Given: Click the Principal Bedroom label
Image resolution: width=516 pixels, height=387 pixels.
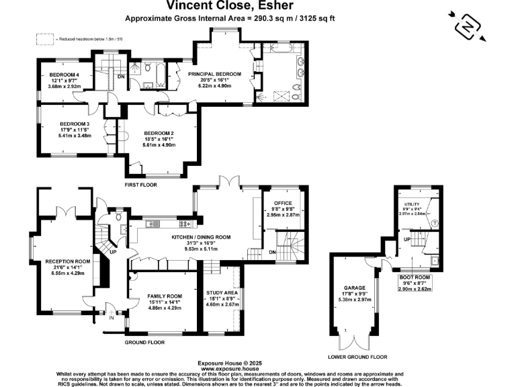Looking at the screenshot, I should coord(214,73).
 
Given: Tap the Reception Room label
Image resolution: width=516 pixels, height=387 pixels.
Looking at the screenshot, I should coord(67,261).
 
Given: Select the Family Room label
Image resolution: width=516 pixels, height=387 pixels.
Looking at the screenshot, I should coord(165,296).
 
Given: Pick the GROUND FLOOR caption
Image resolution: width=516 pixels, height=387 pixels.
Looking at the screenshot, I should coord(145,342).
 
